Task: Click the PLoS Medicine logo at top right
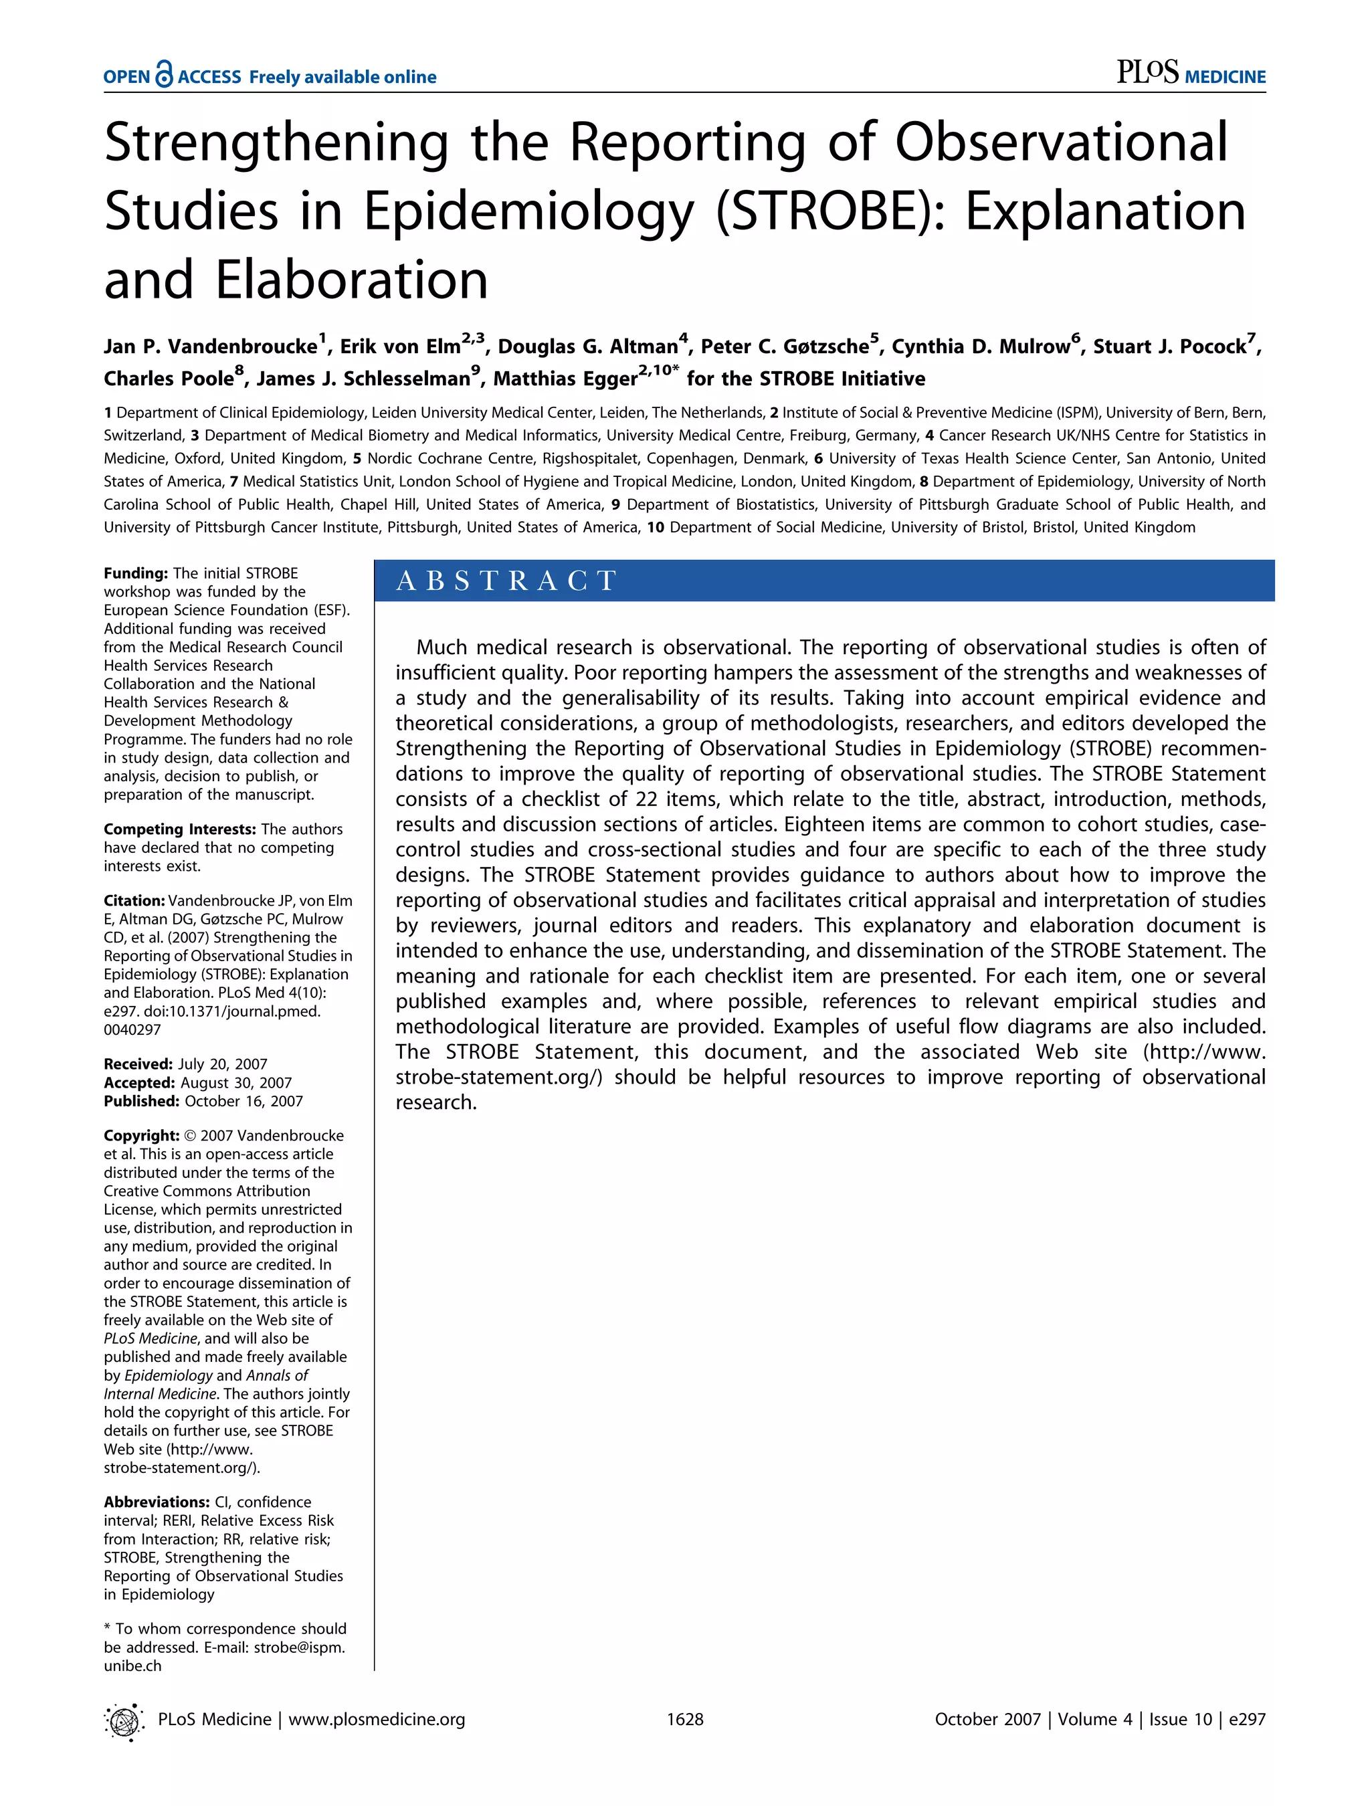point(1190,74)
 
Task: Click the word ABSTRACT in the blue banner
point(506,581)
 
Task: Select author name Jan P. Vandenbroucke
point(210,347)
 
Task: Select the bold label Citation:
point(134,900)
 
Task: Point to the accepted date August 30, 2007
point(236,1083)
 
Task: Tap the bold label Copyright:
point(141,1136)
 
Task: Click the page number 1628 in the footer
point(685,1720)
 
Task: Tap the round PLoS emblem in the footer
point(124,1722)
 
